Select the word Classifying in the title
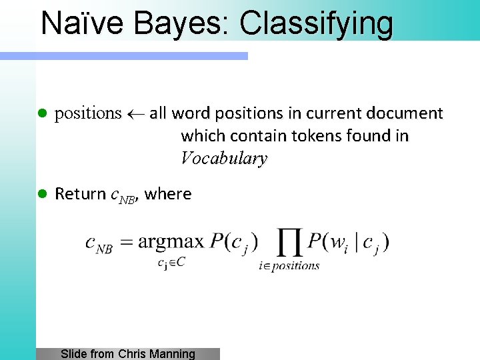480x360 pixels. click(x=316, y=24)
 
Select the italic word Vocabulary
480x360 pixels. click(x=224, y=159)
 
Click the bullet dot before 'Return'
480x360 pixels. click(x=41, y=194)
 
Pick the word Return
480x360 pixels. click(x=79, y=194)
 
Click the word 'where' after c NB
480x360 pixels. click(x=168, y=194)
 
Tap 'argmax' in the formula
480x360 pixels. click(x=171, y=241)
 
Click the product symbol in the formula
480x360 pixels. click(x=289, y=243)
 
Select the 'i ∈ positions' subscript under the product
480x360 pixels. click(x=289, y=265)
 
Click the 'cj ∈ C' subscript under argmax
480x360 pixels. click(x=171, y=262)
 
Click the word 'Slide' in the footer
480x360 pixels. click(x=73, y=354)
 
